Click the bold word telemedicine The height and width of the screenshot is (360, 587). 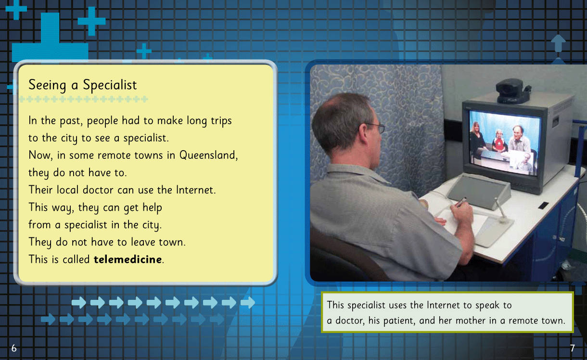point(128,259)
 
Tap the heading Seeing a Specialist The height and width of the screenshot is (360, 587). point(83,85)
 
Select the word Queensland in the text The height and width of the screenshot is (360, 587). point(208,155)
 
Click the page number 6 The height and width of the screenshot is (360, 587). point(14,348)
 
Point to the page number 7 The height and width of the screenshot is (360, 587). point(573,348)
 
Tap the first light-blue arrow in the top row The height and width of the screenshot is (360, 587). point(79,303)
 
